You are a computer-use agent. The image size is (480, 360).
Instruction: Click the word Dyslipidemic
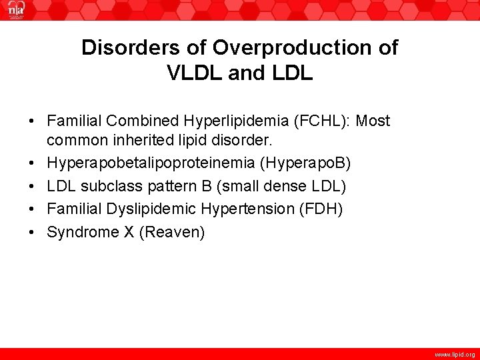click(147, 209)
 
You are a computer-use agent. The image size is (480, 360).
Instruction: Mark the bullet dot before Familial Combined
click(32, 121)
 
